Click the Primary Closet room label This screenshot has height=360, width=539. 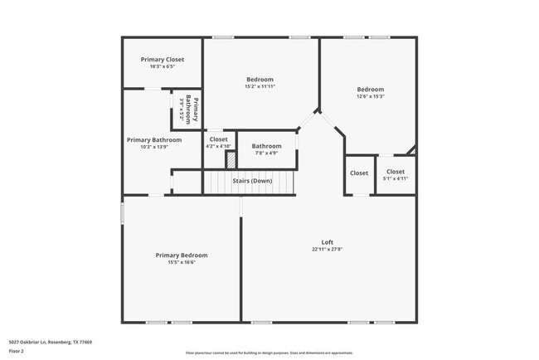point(162,60)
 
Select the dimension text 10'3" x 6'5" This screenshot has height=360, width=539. point(162,66)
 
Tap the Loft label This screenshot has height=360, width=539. point(327,241)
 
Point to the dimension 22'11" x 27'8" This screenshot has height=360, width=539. point(327,249)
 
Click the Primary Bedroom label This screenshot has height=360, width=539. point(182,255)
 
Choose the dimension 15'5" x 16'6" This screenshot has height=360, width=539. point(182,262)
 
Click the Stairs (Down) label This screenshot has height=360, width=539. point(251,181)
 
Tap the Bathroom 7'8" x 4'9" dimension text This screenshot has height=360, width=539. point(266,153)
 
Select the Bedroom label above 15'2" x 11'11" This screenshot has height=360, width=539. point(260,80)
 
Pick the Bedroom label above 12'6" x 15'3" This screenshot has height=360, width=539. point(370,89)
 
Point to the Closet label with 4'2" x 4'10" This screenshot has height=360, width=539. point(218,139)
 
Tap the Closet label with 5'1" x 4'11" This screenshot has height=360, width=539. point(395,172)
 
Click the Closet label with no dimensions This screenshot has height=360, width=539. point(358,173)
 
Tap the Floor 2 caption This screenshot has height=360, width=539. point(17,351)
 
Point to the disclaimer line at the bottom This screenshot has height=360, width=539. point(269,353)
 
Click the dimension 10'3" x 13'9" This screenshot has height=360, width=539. point(153,147)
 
